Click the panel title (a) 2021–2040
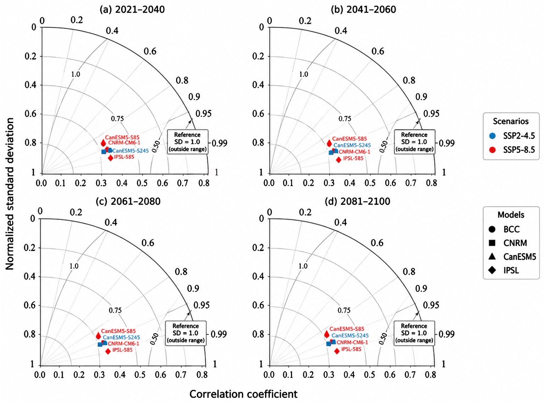click(132, 10)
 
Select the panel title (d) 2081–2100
click(357, 201)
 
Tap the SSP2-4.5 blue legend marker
click(492, 136)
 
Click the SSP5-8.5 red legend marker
click(492, 150)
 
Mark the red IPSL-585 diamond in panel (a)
click(111, 158)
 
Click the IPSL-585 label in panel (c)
click(122, 350)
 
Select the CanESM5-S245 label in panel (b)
click(352, 145)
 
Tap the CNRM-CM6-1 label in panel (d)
click(352, 342)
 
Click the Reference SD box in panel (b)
click(415, 142)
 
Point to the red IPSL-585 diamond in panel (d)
click(337, 351)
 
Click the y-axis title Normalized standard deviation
click(10, 194)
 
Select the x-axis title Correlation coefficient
click(243, 394)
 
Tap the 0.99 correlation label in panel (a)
click(219, 143)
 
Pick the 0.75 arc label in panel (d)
click(344, 310)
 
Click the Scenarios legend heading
click(511, 121)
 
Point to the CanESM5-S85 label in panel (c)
click(118, 331)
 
